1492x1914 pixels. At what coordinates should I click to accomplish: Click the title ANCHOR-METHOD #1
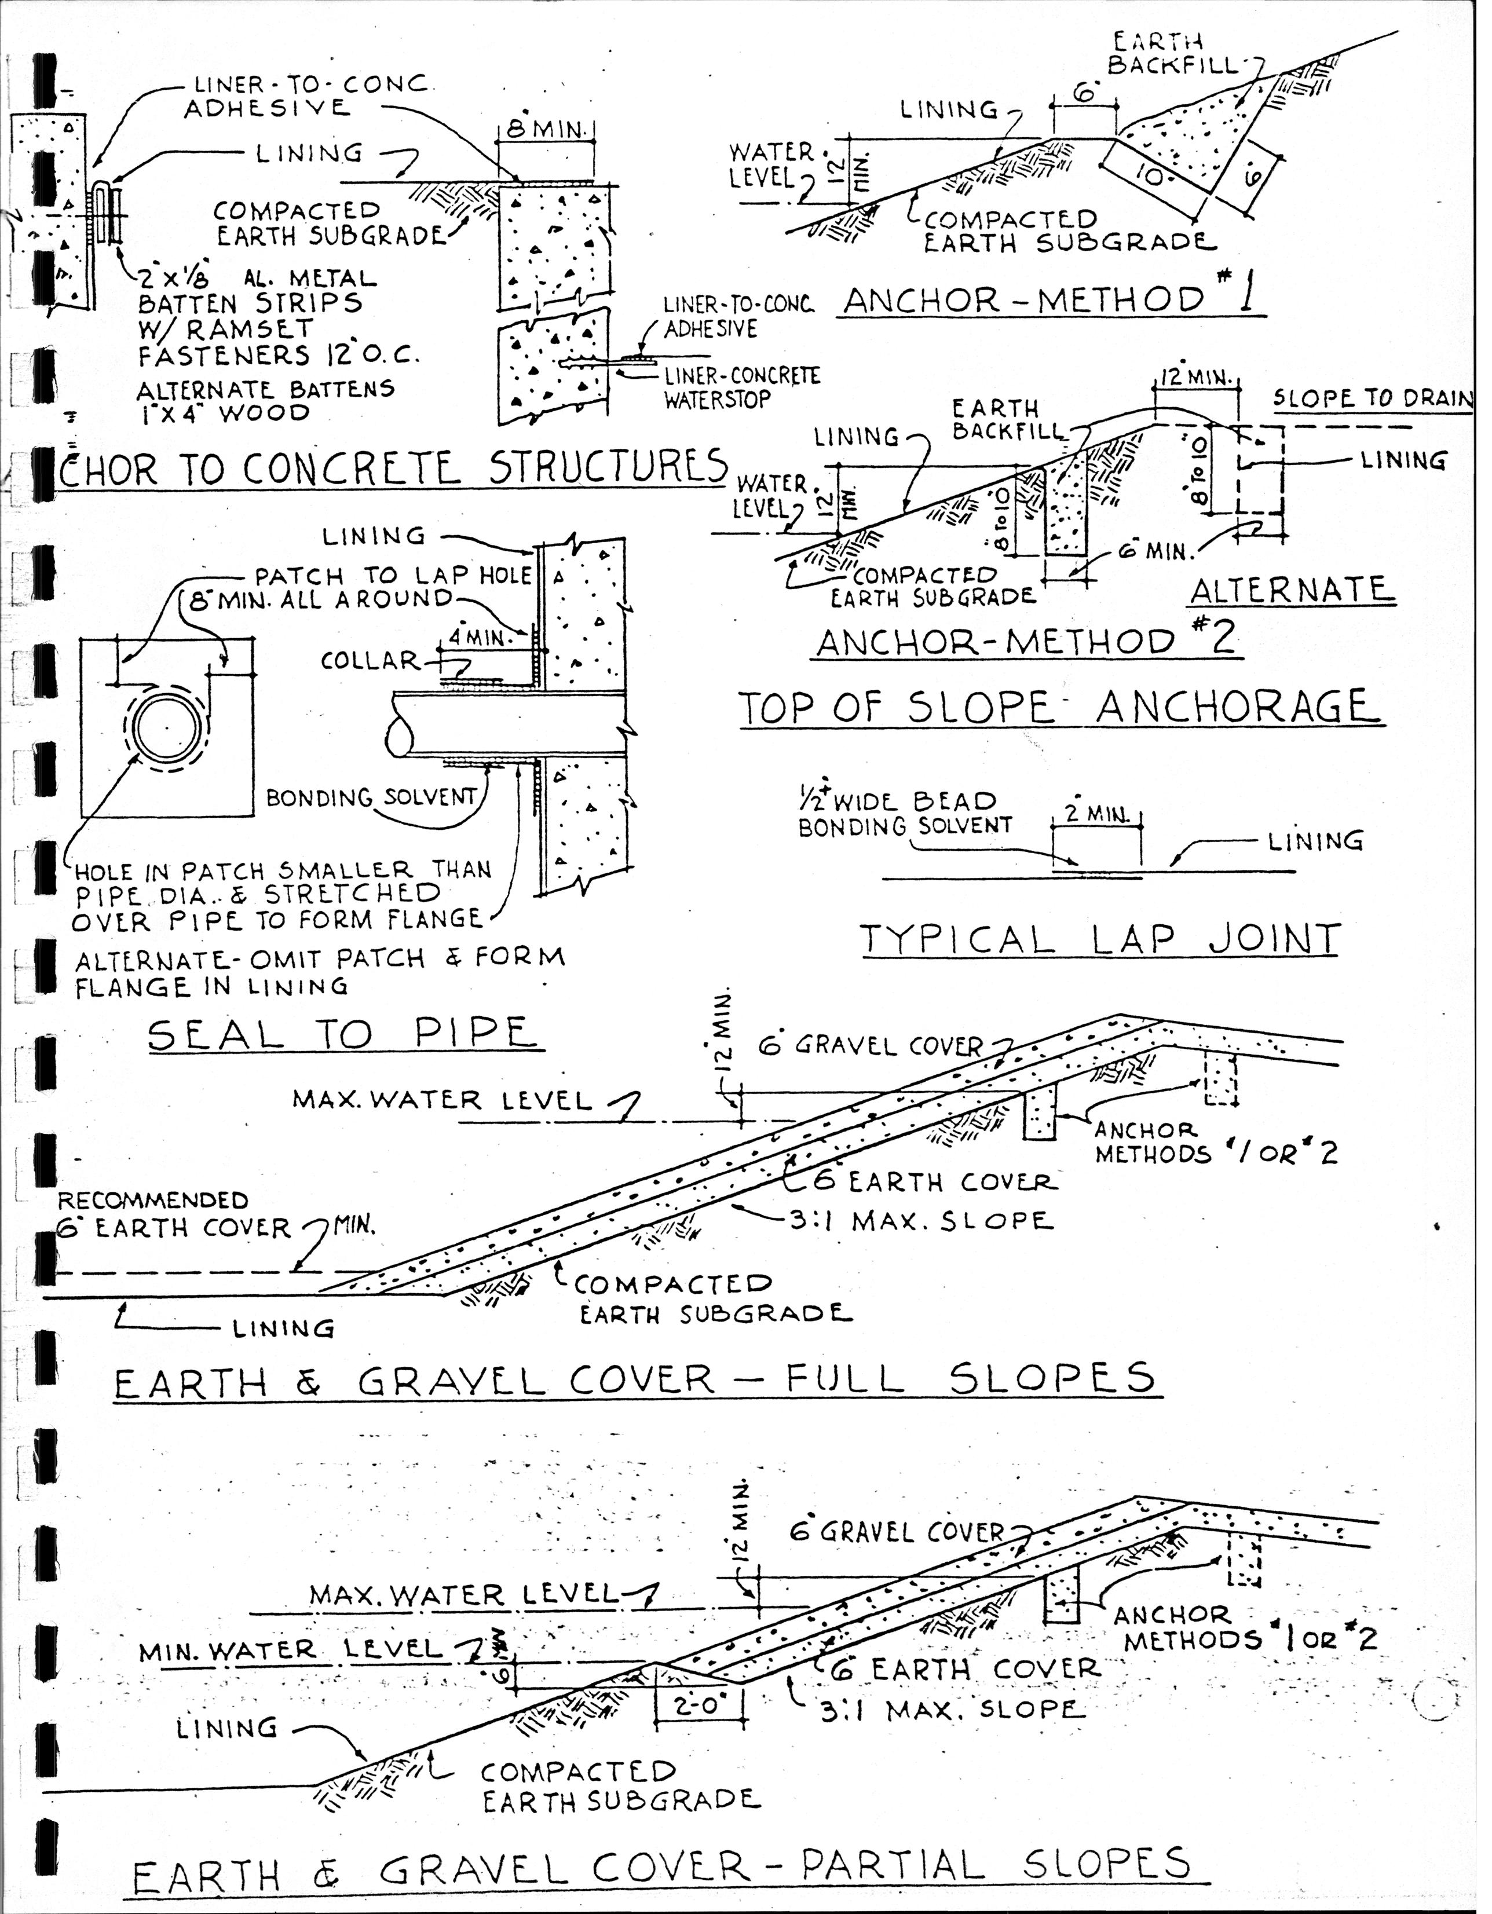tap(1052, 301)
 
